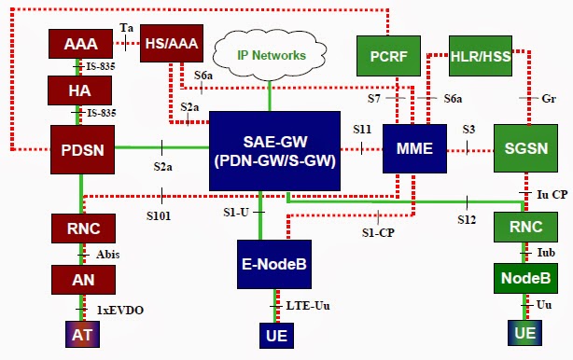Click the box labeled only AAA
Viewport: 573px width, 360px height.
80,44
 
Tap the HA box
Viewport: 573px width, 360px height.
80,90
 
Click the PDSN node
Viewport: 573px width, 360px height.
80,148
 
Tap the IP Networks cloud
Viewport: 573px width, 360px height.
270,55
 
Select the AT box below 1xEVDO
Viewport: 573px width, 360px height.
79,335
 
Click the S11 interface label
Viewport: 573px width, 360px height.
362,128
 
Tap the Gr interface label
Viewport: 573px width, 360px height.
550,98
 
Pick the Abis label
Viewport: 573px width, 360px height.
107,254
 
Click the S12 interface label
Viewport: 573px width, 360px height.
468,220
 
